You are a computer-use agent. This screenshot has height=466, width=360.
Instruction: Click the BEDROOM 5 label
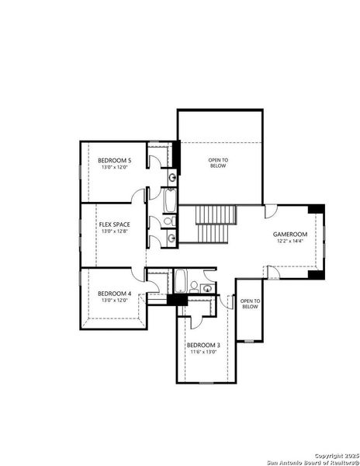pos(114,160)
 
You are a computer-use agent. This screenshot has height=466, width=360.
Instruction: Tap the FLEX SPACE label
pos(114,224)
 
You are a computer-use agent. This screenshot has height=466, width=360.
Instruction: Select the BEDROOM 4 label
pos(114,294)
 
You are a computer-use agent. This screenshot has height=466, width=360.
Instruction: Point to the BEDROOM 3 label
pos(202,345)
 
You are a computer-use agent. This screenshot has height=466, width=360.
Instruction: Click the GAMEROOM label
pos(290,234)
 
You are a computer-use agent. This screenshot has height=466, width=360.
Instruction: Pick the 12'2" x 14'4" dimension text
pos(290,241)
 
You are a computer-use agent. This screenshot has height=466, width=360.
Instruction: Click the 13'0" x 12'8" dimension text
pos(114,231)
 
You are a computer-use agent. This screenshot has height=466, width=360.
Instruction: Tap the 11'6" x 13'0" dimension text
pos(202,352)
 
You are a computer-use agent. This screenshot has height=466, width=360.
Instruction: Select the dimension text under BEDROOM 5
pos(114,167)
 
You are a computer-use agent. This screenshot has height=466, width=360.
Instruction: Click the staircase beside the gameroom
pos(213,224)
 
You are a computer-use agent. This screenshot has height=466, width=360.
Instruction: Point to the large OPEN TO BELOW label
pos(218,162)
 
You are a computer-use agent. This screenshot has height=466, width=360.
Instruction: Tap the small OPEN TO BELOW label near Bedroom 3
pos(249,304)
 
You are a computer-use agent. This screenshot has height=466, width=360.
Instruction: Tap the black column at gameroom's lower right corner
pos(313,273)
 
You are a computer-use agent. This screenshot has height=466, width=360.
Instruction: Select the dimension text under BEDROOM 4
pos(114,301)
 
